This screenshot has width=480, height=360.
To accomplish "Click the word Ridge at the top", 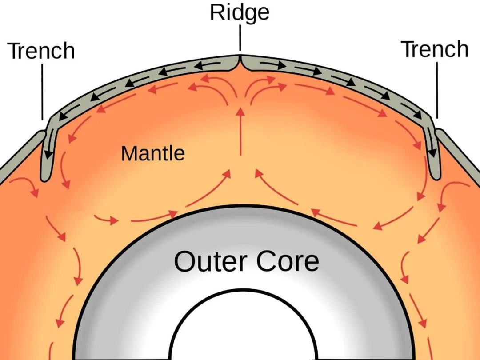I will (240, 12).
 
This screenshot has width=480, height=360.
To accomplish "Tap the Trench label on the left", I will (42, 51).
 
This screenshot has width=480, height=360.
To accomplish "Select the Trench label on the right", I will (435, 49).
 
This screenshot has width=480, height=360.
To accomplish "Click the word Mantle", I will (152, 154).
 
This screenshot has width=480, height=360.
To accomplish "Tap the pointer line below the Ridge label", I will (240, 38).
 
